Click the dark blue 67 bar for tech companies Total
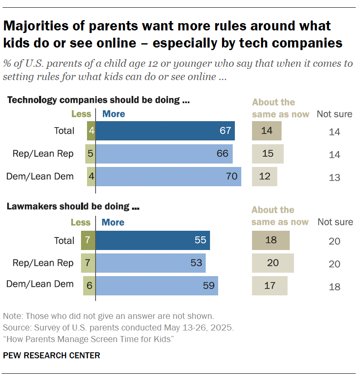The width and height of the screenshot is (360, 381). (x=165, y=131)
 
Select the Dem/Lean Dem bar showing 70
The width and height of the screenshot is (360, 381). (x=168, y=176)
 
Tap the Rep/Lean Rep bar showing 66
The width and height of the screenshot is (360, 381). (x=164, y=154)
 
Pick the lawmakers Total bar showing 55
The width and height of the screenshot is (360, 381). (x=153, y=240)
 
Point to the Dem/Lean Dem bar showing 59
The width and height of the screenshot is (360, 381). (x=157, y=285)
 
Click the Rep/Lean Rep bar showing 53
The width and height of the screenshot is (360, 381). (x=150, y=263)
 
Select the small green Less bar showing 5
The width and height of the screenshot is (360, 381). (x=90, y=154)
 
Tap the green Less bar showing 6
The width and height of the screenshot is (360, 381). (x=89, y=285)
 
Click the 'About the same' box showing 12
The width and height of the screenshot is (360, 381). (x=264, y=176)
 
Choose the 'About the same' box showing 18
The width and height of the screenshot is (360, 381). (x=271, y=240)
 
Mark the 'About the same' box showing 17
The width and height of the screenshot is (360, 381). (x=270, y=285)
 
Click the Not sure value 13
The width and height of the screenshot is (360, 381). (x=334, y=177)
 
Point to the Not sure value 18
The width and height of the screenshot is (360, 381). (x=334, y=286)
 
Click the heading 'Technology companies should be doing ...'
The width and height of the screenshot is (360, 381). (x=99, y=101)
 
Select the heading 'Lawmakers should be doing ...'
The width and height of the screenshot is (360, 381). (x=74, y=206)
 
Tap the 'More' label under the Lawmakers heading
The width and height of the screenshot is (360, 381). (x=113, y=223)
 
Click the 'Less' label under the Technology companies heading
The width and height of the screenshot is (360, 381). (x=81, y=114)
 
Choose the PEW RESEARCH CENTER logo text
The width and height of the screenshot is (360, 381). (x=51, y=355)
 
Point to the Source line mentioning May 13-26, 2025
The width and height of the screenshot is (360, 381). (x=118, y=328)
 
